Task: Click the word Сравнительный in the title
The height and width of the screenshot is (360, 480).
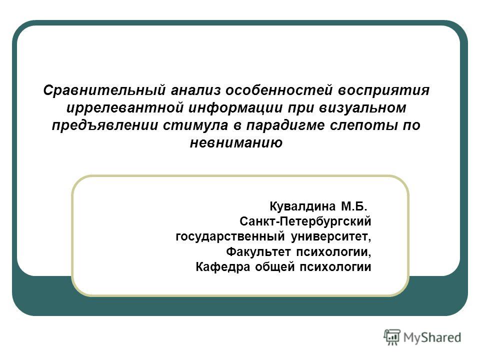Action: click(104, 90)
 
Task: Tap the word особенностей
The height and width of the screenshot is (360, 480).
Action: click(279, 90)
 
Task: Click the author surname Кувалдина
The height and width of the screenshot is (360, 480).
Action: click(303, 206)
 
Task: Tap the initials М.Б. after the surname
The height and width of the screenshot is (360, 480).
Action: click(354, 206)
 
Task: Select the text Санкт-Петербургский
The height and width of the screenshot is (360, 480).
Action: click(305, 221)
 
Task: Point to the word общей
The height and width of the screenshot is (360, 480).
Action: click(275, 267)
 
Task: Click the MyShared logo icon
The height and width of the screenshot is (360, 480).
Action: click(392, 337)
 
